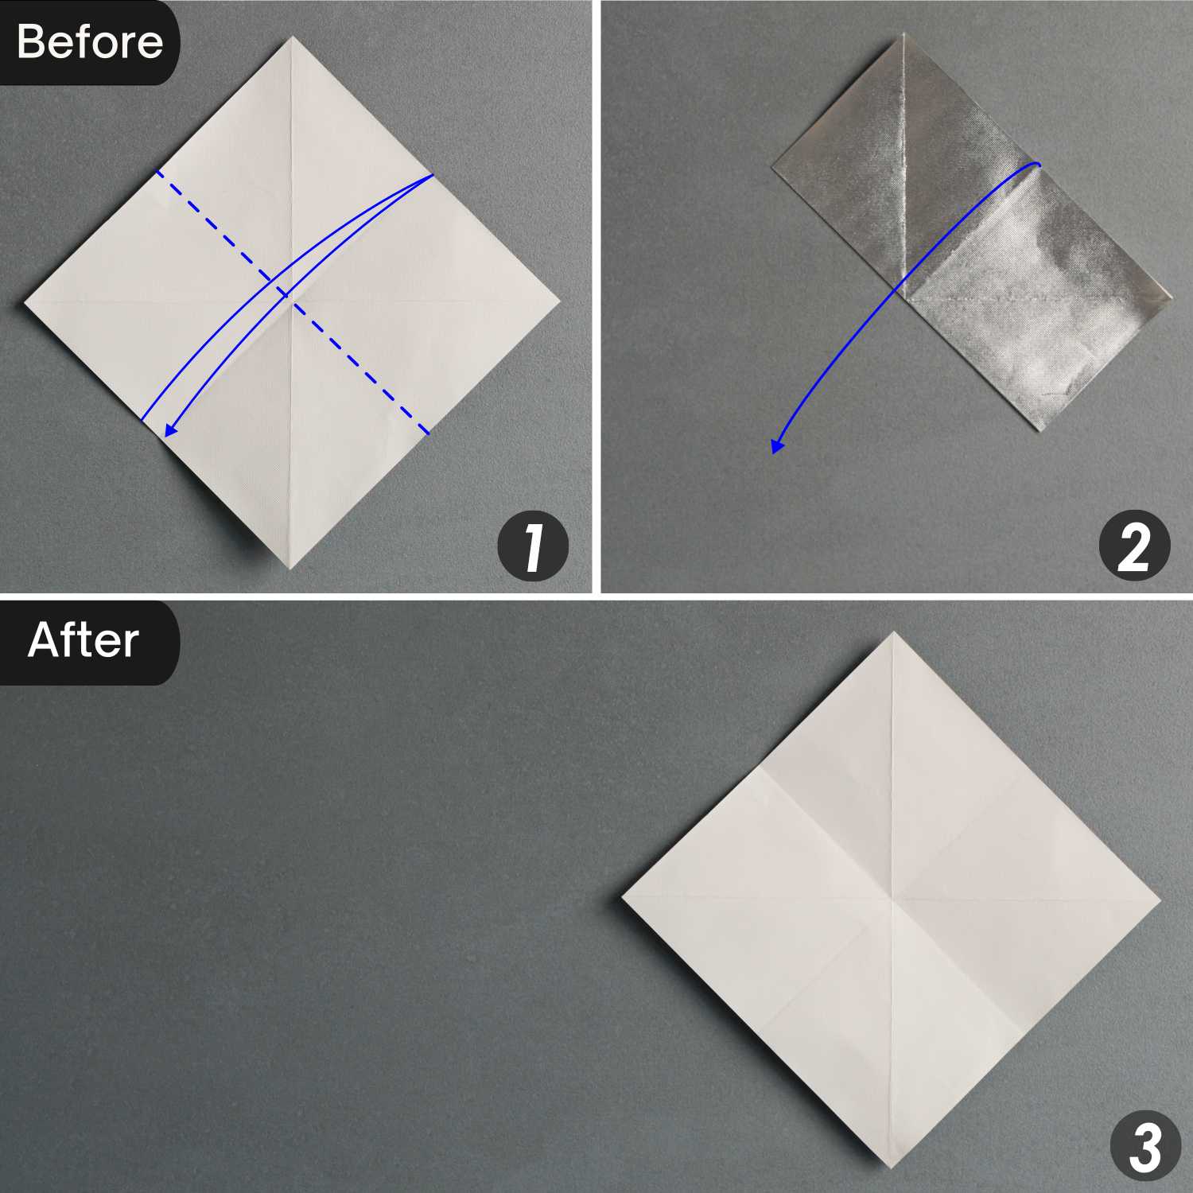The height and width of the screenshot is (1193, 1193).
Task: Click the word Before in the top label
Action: point(89,41)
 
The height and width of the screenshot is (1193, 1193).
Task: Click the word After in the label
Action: point(84,640)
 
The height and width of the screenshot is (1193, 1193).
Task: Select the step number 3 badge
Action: point(1145,1147)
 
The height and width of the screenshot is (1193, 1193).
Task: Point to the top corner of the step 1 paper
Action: point(292,37)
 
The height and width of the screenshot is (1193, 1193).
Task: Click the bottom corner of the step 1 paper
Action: point(292,568)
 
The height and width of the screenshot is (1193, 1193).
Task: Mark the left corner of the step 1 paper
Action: point(25,302)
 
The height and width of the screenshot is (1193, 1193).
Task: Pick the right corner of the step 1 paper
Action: point(561,303)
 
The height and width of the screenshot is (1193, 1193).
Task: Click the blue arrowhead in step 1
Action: point(169,431)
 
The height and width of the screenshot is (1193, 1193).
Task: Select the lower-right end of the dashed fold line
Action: point(428,433)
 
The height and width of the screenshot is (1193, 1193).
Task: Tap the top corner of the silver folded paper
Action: point(903,34)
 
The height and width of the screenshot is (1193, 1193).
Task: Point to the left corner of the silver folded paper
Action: point(772,166)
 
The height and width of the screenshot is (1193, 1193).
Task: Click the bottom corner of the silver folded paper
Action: point(1040,431)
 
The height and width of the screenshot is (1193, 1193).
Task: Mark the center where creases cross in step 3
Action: point(892,900)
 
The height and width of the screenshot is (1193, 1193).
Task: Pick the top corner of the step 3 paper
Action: point(893,632)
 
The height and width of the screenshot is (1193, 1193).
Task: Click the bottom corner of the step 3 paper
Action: point(892,1168)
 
